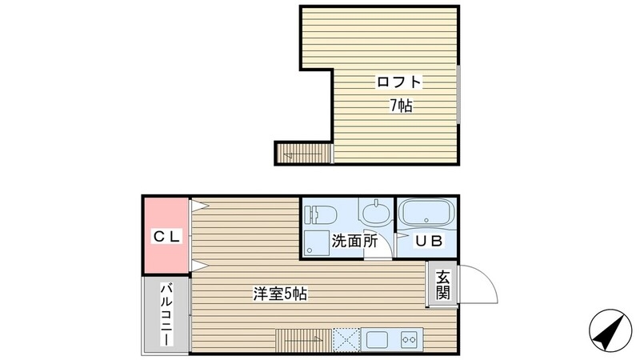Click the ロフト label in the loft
click(x=398, y=82)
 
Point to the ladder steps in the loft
click(x=303, y=151)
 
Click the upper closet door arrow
click(x=198, y=207)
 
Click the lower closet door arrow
click(x=198, y=265)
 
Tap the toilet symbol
click(x=321, y=214)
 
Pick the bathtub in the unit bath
click(x=426, y=214)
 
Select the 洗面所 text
click(x=355, y=240)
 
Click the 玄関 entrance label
click(x=442, y=284)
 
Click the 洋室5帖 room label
click(x=280, y=294)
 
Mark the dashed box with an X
click(x=346, y=338)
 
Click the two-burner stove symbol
click(x=410, y=338)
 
